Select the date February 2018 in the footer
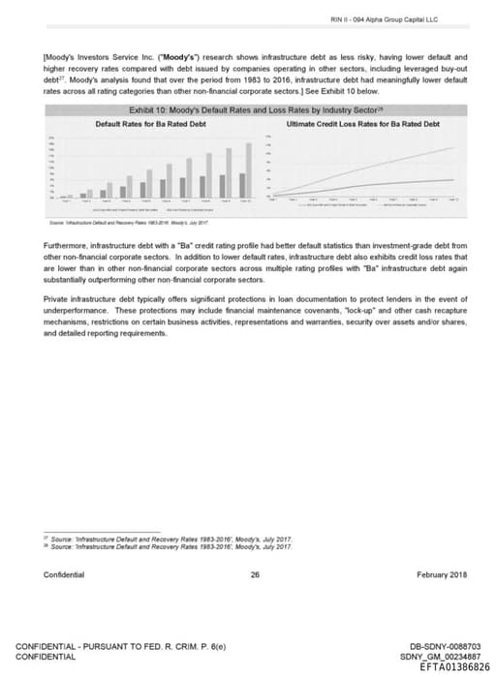[442, 574]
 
